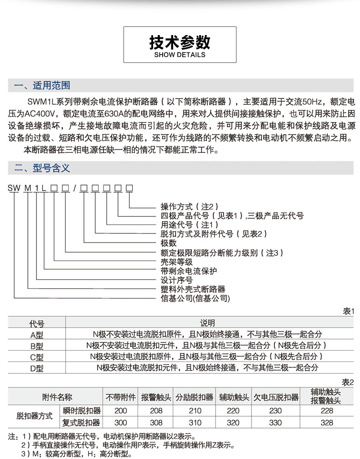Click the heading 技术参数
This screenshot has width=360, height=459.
pyautogui.click(x=180, y=42)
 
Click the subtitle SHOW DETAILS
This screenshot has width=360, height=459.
pyautogui.click(x=180, y=55)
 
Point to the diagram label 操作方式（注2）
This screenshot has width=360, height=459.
pyautogui.click(x=184, y=206)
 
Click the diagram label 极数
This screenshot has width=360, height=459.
pyautogui.click(x=169, y=243)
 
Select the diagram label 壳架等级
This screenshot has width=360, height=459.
pyautogui.click(x=177, y=262)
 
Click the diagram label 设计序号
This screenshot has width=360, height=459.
pyautogui.click(x=177, y=280)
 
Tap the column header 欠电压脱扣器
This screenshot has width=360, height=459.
pyautogui.click(x=276, y=397)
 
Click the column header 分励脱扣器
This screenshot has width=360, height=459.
pyautogui.click(x=195, y=397)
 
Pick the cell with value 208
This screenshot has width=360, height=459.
pyautogui.click(x=156, y=411)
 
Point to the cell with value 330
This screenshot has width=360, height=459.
pyautogui.click(x=276, y=423)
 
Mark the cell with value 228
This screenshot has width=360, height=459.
pyautogui.click(x=326, y=411)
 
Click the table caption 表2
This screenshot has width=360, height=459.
pyautogui.click(x=348, y=382)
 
